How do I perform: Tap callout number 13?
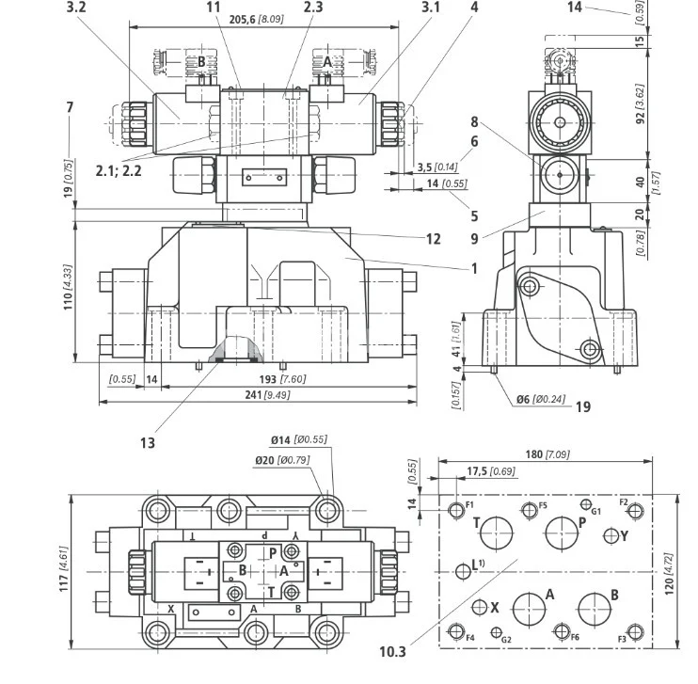pyautogui.click(x=147, y=442)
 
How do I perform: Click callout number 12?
pyautogui.click(x=433, y=239)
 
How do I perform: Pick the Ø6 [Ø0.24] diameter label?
pyautogui.click(x=540, y=399)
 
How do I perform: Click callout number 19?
pyautogui.click(x=583, y=406)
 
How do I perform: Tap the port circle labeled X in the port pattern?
pyautogui.click(x=480, y=607)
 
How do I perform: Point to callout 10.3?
pyautogui.click(x=393, y=651)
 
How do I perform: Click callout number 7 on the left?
pyautogui.click(x=70, y=107)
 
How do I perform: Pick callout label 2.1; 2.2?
pyautogui.click(x=119, y=171)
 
